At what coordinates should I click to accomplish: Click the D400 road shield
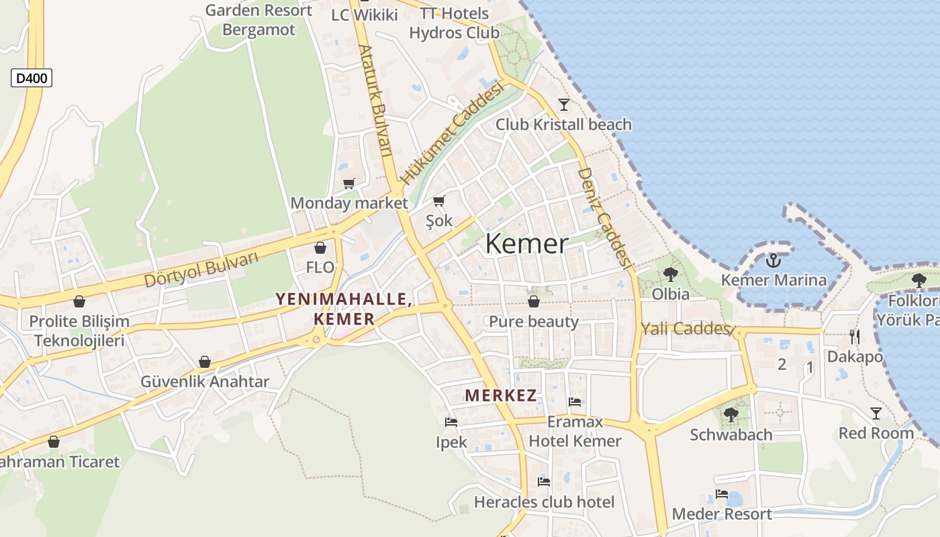tap(32, 79)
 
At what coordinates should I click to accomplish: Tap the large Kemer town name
tap(526, 244)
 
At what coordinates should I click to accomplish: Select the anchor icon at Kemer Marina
tap(773, 260)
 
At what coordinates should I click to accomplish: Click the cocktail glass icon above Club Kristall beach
tap(563, 104)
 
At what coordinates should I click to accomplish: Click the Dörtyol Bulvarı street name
tap(201, 269)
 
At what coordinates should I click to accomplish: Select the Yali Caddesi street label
tap(685, 329)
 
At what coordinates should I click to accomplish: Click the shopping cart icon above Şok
tap(439, 201)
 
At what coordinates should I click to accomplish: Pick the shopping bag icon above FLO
tap(320, 248)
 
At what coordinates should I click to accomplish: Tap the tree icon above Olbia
tap(670, 274)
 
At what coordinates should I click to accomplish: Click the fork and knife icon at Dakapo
tap(854, 336)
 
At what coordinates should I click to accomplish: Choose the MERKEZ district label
tap(501, 395)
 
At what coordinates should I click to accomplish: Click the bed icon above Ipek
tap(451, 422)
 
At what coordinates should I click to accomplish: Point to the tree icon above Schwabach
tap(731, 414)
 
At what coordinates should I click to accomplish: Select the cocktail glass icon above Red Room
tap(876, 413)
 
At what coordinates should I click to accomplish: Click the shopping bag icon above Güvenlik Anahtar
tap(205, 362)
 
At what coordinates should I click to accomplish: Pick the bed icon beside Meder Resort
tap(722, 494)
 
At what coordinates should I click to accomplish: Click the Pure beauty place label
tap(534, 322)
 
